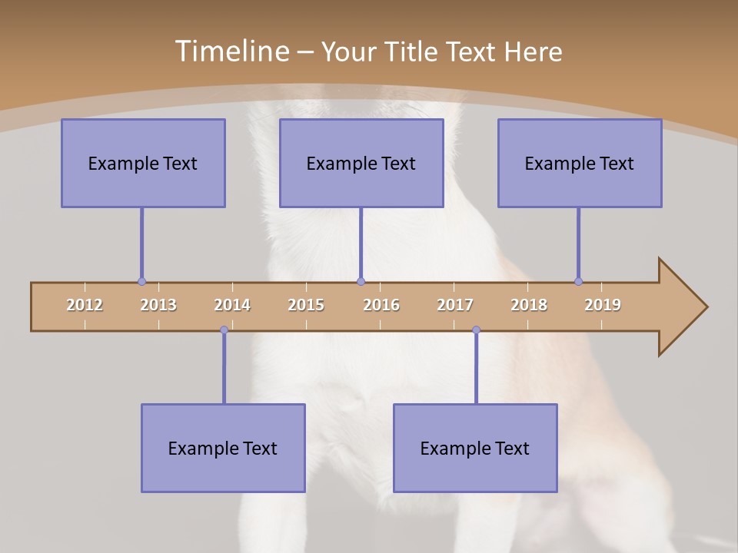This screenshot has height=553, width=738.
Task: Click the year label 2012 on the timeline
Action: point(85,305)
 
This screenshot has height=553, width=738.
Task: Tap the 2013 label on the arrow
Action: point(158,305)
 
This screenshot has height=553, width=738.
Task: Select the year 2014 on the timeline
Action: point(232,305)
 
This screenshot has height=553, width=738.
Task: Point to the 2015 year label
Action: point(306,305)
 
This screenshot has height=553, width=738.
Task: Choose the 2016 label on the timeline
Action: point(381,305)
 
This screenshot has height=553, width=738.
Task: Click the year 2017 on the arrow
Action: point(455,305)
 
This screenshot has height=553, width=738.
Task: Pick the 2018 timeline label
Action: point(529,305)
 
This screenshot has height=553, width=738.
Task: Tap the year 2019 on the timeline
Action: point(603,305)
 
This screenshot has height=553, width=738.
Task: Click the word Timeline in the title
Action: point(231,51)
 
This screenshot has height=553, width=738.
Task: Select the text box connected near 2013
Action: point(143,163)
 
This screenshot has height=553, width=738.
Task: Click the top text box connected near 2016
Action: point(361,163)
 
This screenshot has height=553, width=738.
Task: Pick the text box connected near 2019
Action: point(580,163)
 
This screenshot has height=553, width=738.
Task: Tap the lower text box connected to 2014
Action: point(223,448)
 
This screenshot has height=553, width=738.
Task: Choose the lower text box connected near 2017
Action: point(475,448)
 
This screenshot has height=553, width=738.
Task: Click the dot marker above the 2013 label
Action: point(141,281)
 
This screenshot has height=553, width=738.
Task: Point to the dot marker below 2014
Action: point(224,330)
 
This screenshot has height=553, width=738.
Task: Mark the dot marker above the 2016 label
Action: point(361,281)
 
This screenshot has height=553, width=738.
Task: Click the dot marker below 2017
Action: point(476,330)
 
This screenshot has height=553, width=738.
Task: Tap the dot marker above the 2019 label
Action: point(578,281)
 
